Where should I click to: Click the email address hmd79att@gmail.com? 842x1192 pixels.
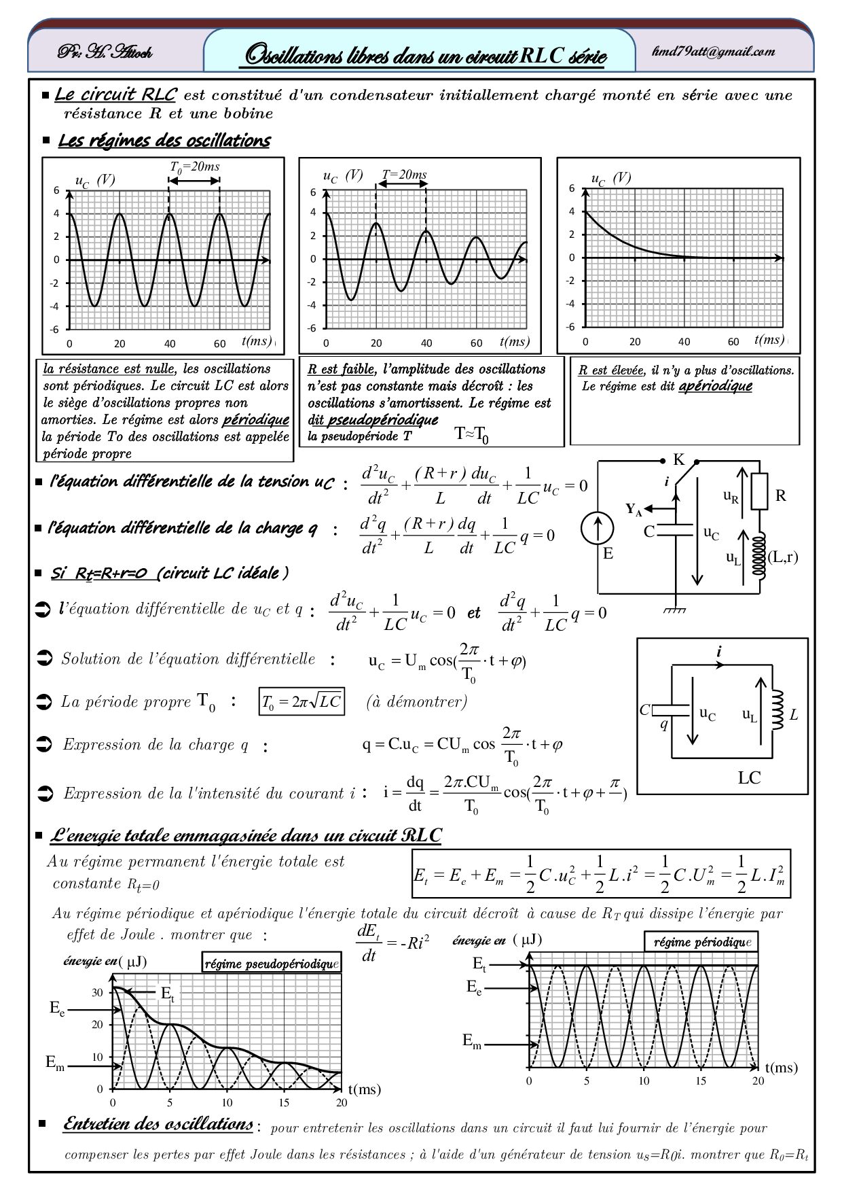point(722,52)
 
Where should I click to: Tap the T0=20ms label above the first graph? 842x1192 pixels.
point(194,166)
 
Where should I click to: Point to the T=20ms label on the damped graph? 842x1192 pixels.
point(404,175)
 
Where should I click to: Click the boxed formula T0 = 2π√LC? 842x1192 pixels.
point(302,702)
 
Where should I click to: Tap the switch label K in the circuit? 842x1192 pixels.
point(678,459)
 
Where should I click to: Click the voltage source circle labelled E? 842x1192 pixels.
point(598,529)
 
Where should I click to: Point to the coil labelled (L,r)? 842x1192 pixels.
point(761,556)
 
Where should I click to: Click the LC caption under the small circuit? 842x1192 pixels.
point(749,778)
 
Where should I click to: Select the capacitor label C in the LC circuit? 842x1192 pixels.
point(644,710)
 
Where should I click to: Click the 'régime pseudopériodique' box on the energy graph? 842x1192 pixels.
point(271,964)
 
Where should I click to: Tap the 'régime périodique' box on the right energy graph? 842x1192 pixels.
point(700,943)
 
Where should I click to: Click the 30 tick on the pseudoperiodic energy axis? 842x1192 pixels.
point(98,992)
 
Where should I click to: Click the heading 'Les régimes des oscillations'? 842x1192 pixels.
point(164,141)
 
